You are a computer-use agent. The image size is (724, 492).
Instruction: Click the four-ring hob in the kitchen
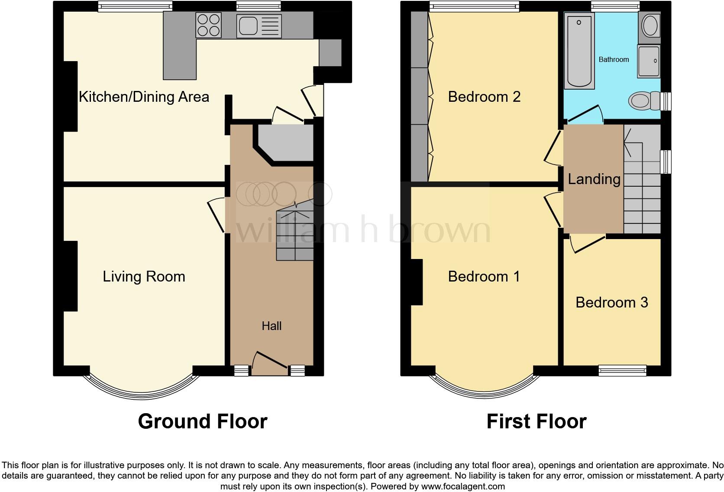(x=208, y=25)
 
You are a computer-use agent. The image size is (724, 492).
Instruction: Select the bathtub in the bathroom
(x=579, y=50)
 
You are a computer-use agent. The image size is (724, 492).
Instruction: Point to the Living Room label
(x=144, y=277)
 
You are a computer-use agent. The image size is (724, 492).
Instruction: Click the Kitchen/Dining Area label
(x=144, y=97)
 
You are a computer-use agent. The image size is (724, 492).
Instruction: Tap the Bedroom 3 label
(x=611, y=302)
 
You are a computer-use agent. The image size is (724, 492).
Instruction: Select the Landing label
(x=594, y=179)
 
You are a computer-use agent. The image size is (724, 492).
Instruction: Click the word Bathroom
(x=614, y=60)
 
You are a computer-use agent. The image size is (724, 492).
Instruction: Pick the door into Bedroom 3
(x=587, y=244)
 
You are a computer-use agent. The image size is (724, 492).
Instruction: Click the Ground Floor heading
(x=202, y=421)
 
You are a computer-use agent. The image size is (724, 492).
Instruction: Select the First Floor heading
(x=536, y=421)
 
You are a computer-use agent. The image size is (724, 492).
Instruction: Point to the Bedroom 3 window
(x=622, y=370)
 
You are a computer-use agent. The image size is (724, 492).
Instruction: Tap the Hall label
(x=271, y=326)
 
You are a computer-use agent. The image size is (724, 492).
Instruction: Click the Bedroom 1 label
(x=484, y=277)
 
